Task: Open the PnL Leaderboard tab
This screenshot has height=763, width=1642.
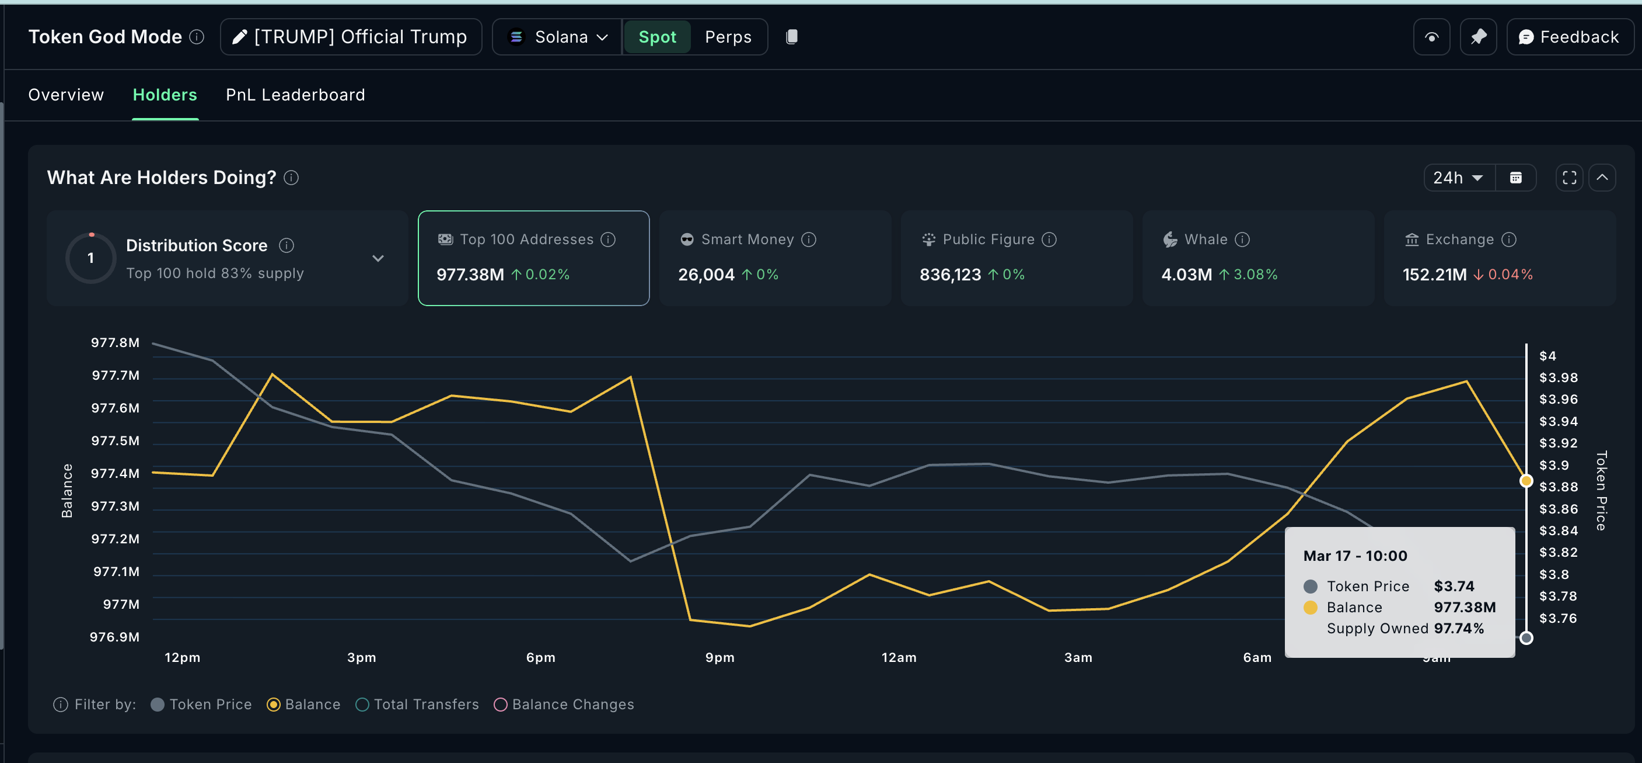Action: (x=295, y=95)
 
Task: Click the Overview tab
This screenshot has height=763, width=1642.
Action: (x=66, y=95)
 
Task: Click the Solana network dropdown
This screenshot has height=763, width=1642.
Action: (x=558, y=37)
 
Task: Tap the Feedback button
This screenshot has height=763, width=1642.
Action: (x=1568, y=37)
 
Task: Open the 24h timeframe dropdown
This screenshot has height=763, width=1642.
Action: (x=1457, y=178)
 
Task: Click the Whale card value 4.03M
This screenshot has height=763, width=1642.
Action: (x=1186, y=275)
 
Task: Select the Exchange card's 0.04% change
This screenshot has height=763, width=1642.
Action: (x=1510, y=275)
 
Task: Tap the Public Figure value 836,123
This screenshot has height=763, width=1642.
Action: (x=950, y=275)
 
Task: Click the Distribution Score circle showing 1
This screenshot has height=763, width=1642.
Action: (x=90, y=258)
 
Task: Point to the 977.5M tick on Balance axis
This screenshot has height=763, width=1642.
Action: (x=115, y=441)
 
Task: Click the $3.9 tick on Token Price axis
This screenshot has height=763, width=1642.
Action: (x=1553, y=465)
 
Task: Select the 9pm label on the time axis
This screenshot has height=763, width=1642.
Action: (x=719, y=658)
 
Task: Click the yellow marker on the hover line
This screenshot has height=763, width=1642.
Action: (x=1525, y=481)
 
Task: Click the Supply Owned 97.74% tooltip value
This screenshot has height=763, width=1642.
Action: (x=1458, y=629)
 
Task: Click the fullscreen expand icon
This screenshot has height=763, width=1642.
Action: (x=1568, y=178)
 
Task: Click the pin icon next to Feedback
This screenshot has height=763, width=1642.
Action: (x=1478, y=37)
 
